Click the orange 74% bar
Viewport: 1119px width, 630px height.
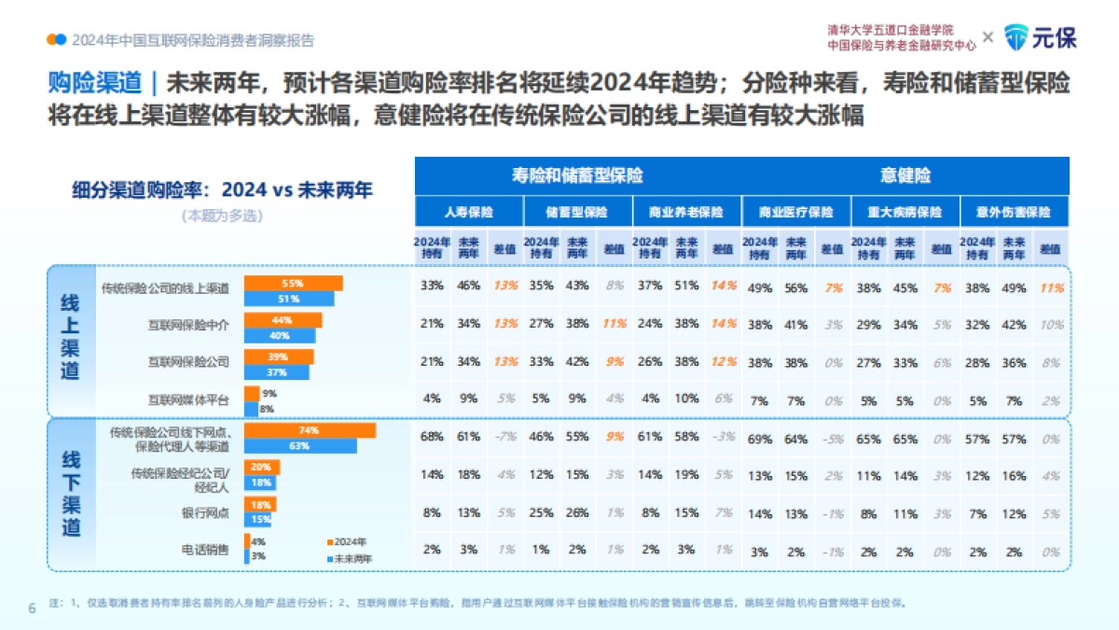[x=310, y=430]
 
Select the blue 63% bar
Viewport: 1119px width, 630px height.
[x=299, y=446]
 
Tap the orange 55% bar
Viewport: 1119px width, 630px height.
[x=293, y=283]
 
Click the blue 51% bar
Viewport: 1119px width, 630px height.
[x=288, y=299]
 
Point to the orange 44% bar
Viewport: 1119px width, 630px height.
[x=283, y=320]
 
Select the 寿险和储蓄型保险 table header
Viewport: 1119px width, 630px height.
[x=577, y=175]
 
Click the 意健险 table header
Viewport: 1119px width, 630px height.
[x=905, y=175]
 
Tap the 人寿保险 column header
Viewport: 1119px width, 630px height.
[x=468, y=212]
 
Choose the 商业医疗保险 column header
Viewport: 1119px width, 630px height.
[x=795, y=212]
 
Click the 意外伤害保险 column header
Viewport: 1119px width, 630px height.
[x=1014, y=212]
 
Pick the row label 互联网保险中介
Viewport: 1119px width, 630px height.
[x=188, y=326]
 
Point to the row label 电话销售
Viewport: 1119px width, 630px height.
[x=208, y=549]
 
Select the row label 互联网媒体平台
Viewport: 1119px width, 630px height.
[x=188, y=399]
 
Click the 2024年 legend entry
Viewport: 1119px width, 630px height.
[x=346, y=541]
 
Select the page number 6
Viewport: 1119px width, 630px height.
[x=32, y=609]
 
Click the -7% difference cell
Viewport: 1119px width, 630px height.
[x=505, y=437]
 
